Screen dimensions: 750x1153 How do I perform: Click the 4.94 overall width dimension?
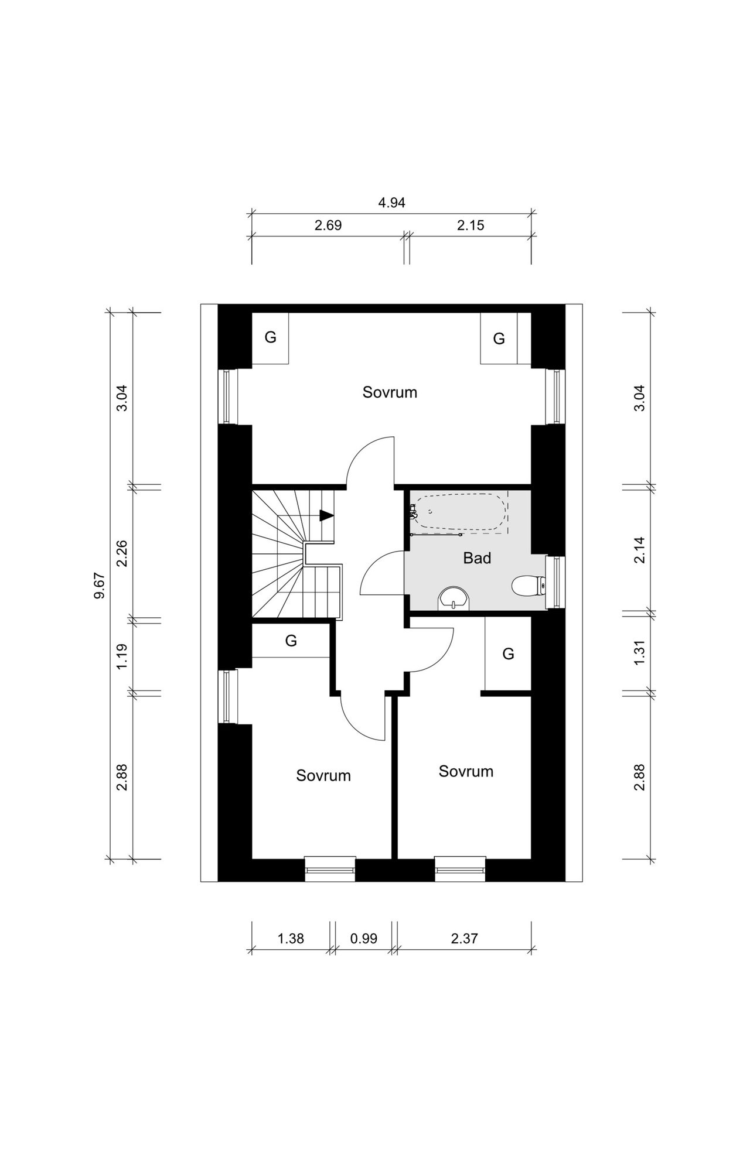pyautogui.click(x=392, y=203)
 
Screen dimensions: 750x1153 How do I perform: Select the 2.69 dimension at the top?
pyautogui.click(x=328, y=225)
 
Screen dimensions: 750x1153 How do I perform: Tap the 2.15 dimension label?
pyautogui.click(x=471, y=225)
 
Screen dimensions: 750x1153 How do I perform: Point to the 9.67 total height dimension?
pyautogui.click(x=99, y=586)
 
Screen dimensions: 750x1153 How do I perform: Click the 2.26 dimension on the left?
pyautogui.click(x=122, y=553)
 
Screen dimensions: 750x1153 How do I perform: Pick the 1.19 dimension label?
pyautogui.click(x=122, y=657)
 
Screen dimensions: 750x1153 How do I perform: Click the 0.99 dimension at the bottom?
pyautogui.click(x=363, y=939)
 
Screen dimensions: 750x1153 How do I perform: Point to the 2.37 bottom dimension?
pyautogui.click(x=465, y=939)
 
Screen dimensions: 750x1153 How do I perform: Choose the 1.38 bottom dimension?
pyautogui.click(x=291, y=939)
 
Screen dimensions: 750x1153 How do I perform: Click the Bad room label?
pyautogui.click(x=477, y=558)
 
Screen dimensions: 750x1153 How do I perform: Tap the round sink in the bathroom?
pyautogui.click(x=453, y=598)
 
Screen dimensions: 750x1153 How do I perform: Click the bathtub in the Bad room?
pyautogui.click(x=459, y=513)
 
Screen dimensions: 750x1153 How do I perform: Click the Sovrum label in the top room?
pyautogui.click(x=390, y=392)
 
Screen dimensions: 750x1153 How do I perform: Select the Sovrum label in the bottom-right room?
pyautogui.click(x=466, y=771)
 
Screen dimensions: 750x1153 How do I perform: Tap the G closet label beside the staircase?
pyautogui.click(x=291, y=641)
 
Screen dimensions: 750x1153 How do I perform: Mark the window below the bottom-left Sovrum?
pyautogui.click(x=330, y=869)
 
